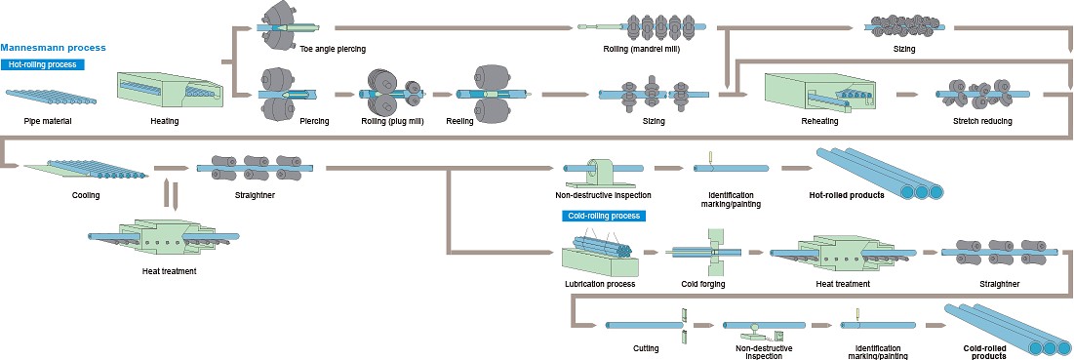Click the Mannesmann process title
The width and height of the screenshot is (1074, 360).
(x=54, y=48)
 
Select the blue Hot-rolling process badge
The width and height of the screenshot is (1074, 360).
(x=43, y=65)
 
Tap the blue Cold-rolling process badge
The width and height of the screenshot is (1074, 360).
(x=604, y=216)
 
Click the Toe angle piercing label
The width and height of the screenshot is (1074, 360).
(x=333, y=49)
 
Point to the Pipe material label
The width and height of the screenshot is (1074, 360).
(x=48, y=121)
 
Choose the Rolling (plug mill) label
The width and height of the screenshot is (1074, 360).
(x=392, y=121)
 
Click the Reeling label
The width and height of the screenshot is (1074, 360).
(x=459, y=121)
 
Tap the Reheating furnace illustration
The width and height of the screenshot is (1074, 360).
(x=817, y=93)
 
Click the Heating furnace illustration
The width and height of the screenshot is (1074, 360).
(x=171, y=90)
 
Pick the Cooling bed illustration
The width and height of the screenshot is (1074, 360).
(x=85, y=169)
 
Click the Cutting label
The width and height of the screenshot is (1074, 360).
(x=646, y=348)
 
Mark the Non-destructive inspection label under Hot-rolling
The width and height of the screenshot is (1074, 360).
(x=603, y=195)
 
